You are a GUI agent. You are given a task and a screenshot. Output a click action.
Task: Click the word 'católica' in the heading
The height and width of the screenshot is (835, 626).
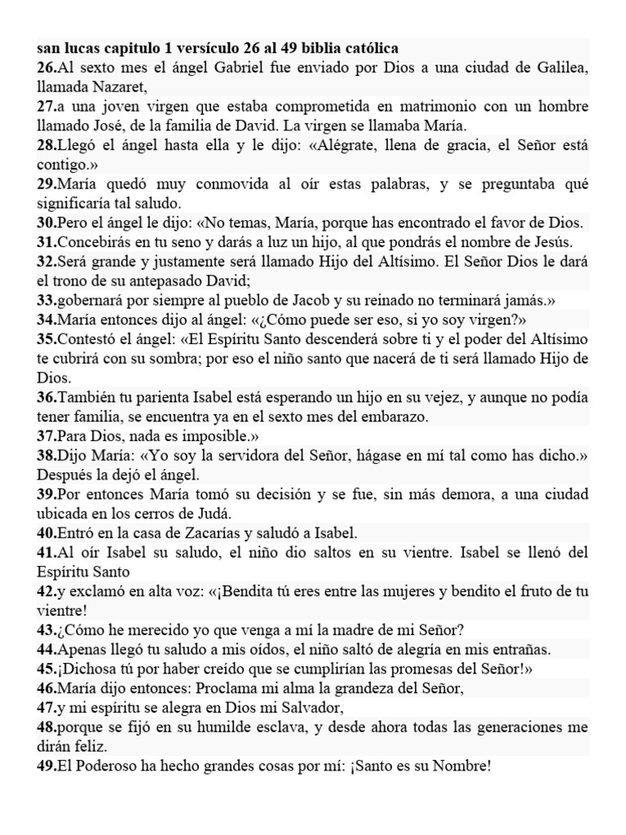368,48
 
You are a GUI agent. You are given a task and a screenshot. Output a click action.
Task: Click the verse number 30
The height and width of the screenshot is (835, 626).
46,223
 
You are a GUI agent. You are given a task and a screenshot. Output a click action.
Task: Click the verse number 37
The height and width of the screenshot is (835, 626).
46,435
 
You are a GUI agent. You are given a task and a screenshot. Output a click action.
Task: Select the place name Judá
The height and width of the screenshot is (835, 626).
211,513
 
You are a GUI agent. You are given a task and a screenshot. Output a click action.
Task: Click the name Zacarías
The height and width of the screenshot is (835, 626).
212,532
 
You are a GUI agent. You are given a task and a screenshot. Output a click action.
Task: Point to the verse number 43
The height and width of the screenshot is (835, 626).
46,630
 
